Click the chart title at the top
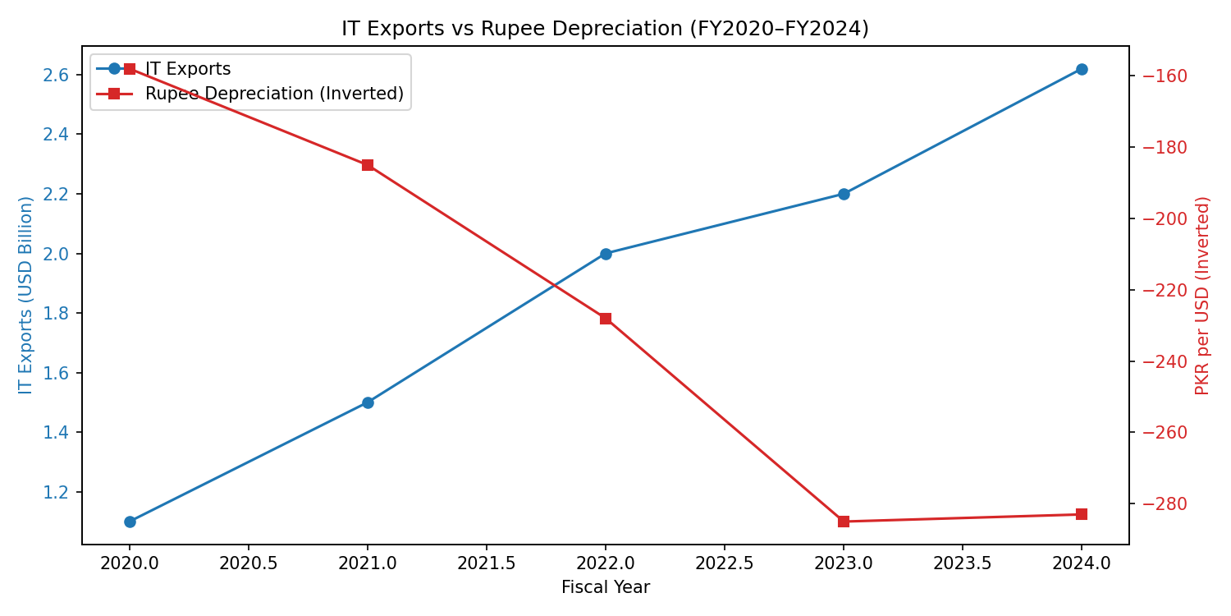[x=605, y=29]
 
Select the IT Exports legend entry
[x=187, y=69]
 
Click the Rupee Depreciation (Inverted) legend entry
[x=273, y=94]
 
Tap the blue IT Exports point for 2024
[x=1082, y=69]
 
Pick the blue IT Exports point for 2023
[x=844, y=194]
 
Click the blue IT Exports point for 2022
[x=606, y=254]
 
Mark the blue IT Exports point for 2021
[x=368, y=402]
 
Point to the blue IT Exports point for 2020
[x=130, y=522]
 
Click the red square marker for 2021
[x=368, y=165]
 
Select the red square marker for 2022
[x=606, y=319]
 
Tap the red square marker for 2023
[x=844, y=522]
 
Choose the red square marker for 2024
[x=1082, y=514]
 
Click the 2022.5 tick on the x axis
[x=725, y=563]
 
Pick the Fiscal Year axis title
[x=605, y=588]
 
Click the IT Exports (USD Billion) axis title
[x=26, y=295]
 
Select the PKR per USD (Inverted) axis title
[x=1203, y=295]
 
